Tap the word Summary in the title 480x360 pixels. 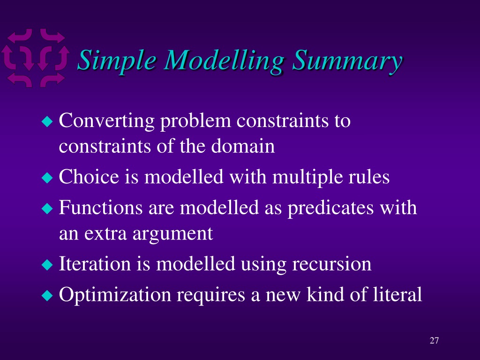click(x=347, y=60)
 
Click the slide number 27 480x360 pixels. click(x=434, y=340)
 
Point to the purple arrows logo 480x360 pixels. click(x=35, y=58)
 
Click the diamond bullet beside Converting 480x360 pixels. click(x=47, y=121)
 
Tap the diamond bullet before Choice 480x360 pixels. click(x=47, y=178)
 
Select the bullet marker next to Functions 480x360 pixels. click(x=47, y=209)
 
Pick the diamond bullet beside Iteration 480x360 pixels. click(x=47, y=264)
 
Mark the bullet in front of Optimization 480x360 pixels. click(x=47, y=295)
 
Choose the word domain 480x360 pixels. click(x=243, y=146)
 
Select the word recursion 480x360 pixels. click(x=332, y=264)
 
